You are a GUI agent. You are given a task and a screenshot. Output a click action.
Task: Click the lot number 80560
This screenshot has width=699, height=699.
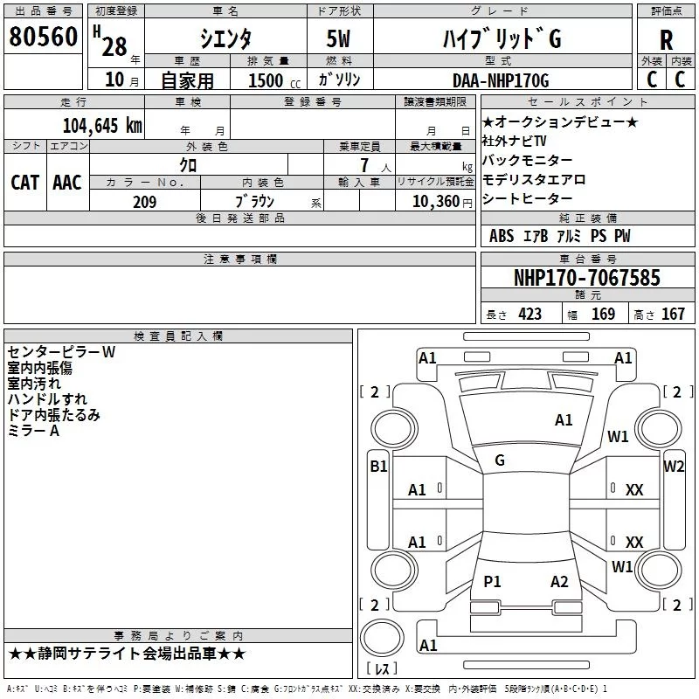[43, 37]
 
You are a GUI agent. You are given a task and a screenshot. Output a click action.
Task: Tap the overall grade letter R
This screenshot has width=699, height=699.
[666, 40]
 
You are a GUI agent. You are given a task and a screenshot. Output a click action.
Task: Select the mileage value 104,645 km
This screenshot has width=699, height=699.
[102, 126]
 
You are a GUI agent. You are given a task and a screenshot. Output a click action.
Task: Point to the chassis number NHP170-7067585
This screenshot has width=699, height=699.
[586, 277]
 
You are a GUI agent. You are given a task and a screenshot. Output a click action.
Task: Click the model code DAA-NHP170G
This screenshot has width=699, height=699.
[501, 80]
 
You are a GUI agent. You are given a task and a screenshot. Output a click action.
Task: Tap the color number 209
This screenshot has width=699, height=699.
[144, 202]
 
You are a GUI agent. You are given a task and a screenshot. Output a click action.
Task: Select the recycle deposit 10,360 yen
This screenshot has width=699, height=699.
[442, 202]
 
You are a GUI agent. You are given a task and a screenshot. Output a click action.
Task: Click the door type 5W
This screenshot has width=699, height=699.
[338, 38]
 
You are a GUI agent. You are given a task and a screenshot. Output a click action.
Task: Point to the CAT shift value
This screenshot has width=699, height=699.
[25, 183]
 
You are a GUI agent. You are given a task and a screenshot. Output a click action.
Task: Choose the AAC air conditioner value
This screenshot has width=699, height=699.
[67, 183]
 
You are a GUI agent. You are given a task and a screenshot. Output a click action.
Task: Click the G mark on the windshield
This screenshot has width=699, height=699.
[500, 460]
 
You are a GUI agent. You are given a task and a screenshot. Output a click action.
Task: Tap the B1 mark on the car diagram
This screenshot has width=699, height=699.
[378, 467]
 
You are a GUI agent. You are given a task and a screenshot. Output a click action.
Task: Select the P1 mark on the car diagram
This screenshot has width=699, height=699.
[492, 581]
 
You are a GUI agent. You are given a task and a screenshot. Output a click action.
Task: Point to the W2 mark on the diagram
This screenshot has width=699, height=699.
[674, 467]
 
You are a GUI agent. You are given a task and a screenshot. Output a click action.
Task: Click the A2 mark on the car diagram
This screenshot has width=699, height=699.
[559, 581]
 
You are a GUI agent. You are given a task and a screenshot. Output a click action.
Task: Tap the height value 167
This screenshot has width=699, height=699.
[673, 315]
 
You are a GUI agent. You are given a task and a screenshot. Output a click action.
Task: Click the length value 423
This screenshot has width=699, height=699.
[530, 315]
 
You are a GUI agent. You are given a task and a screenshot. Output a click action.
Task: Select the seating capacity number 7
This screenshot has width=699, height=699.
[364, 165]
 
